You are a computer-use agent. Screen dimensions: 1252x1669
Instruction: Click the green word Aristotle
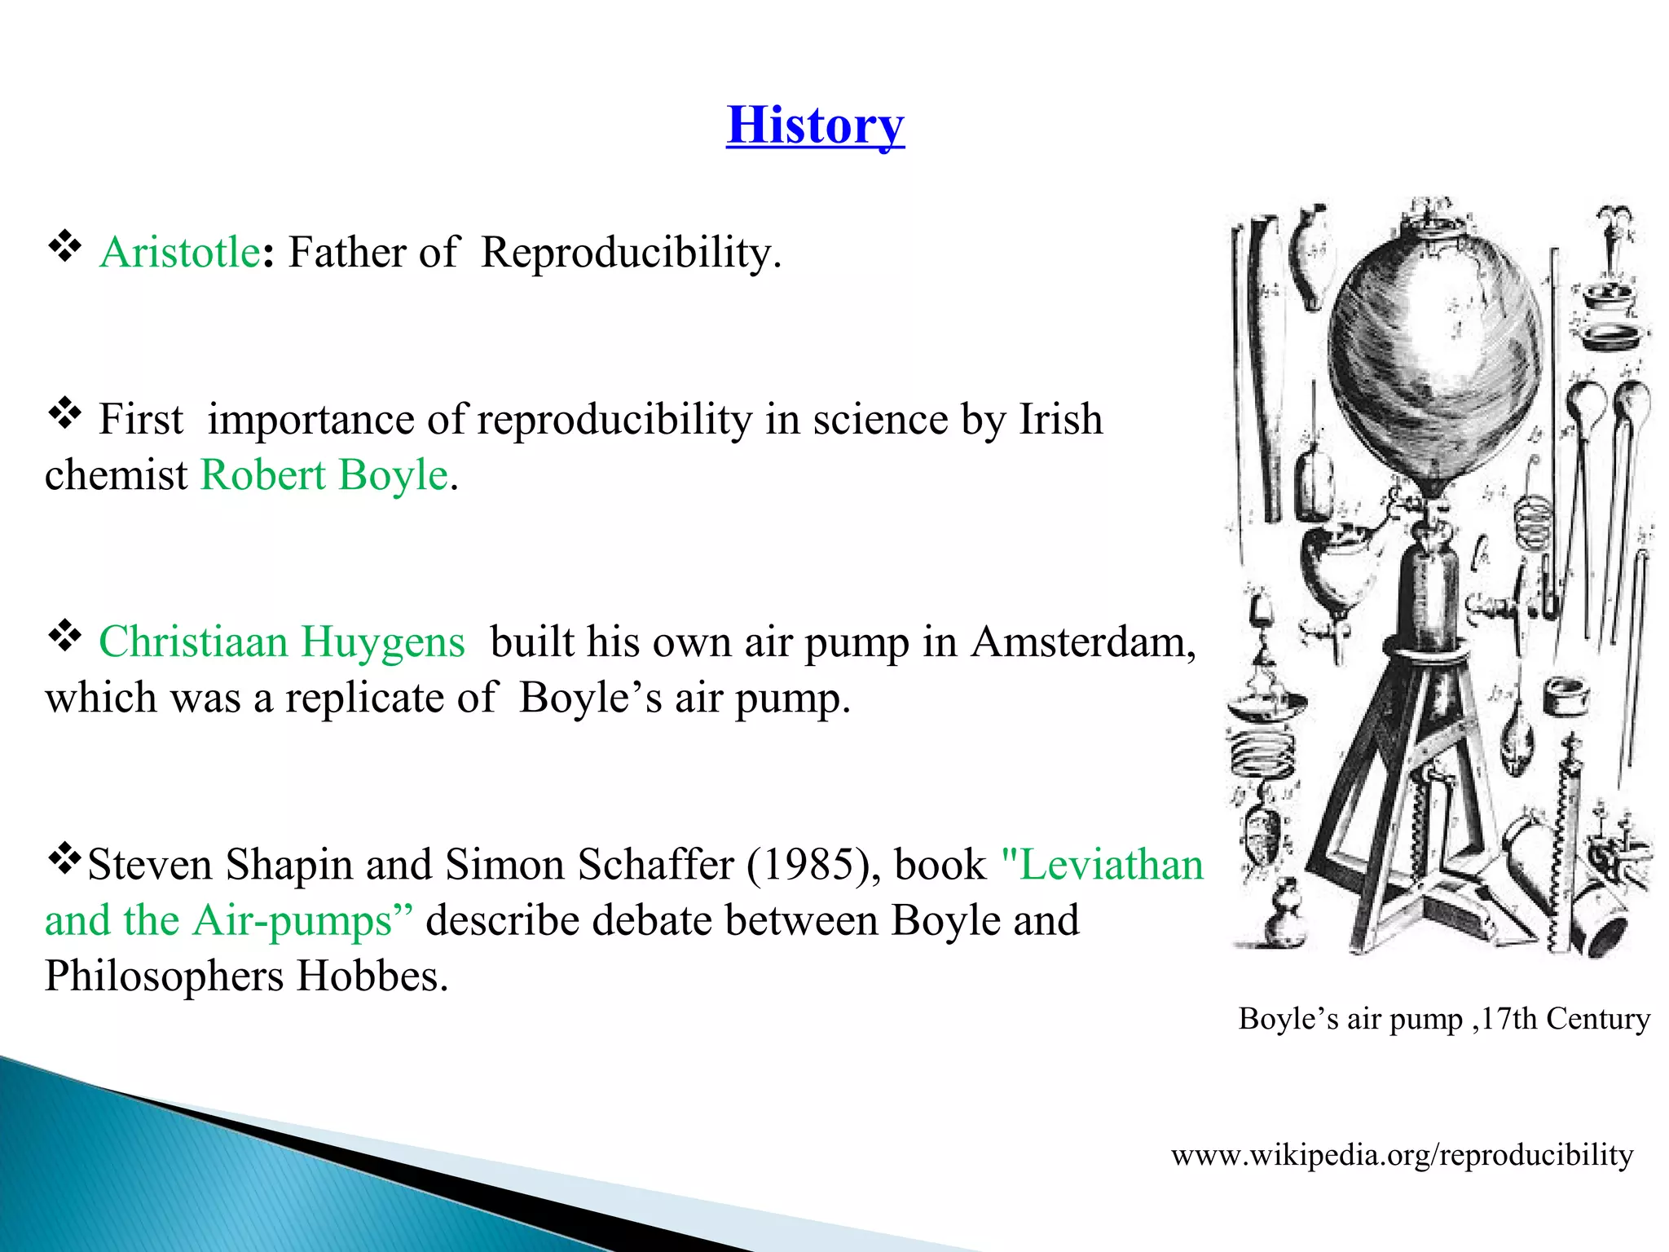click(179, 252)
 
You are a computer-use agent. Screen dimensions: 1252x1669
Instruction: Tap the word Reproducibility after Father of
click(630, 252)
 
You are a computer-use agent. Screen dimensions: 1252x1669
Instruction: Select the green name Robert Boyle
click(324, 474)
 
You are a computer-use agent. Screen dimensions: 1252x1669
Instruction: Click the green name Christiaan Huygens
click(281, 641)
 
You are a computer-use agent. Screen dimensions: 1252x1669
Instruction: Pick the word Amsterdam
click(1083, 641)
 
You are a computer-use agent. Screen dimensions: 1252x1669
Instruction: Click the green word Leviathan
click(1112, 864)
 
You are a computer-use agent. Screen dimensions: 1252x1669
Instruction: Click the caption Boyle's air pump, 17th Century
click(1443, 1019)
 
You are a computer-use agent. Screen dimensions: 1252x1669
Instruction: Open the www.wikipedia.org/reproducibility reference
click(1402, 1155)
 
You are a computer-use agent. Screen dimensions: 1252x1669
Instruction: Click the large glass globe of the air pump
click(1434, 350)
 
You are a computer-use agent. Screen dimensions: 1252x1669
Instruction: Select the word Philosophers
click(163, 976)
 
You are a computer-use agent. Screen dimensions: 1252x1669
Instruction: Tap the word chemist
click(116, 474)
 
